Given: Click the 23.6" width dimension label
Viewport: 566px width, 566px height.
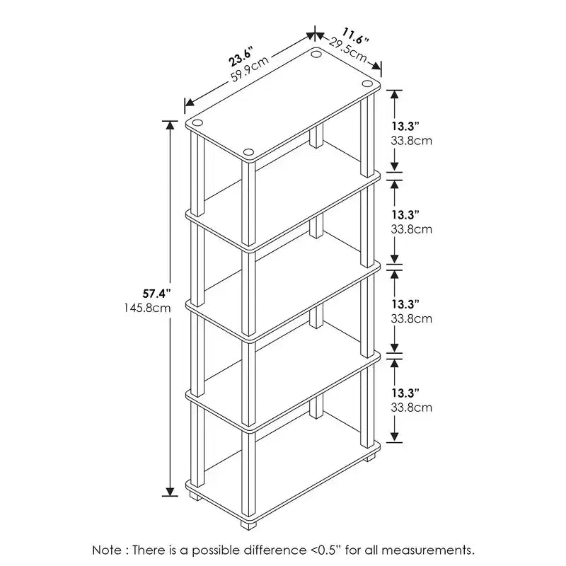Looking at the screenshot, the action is click(239, 57).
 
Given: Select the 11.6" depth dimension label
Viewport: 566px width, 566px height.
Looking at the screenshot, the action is click(355, 36).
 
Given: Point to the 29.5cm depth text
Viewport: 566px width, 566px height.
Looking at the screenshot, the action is click(347, 50).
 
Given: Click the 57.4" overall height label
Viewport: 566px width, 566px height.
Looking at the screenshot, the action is click(156, 294).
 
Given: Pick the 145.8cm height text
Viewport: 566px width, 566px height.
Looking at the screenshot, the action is click(147, 308).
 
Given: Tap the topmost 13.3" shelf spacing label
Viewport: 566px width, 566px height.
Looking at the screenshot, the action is click(405, 127).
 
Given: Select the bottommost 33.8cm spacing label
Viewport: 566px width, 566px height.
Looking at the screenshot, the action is click(411, 408).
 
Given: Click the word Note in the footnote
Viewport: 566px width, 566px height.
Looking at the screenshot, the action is click(107, 550).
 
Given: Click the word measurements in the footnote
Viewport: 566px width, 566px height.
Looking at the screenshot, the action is click(428, 550).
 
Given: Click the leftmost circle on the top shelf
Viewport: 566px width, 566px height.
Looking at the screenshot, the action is click(197, 122).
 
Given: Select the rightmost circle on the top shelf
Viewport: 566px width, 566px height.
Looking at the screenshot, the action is click(367, 83).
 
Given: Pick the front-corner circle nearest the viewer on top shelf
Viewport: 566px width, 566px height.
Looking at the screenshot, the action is click(248, 152).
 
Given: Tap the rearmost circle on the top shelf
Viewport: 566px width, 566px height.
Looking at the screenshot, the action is click(316, 54).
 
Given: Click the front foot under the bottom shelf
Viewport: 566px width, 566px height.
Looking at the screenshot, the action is click(248, 525).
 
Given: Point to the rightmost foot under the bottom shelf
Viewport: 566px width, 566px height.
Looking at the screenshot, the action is click(369, 458).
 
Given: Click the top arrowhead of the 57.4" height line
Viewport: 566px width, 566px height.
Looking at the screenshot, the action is click(170, 125).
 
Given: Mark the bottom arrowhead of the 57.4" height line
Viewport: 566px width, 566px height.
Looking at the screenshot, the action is click(170, 492).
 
